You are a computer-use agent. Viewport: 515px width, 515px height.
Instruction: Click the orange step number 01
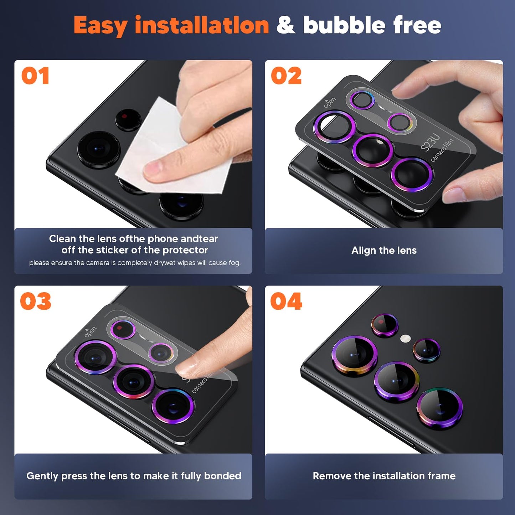[35, 76]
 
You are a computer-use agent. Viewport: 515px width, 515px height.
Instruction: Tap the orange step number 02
[286, 76]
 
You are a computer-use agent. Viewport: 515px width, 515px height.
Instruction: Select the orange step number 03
[36, 302]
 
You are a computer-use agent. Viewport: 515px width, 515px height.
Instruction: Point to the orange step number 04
[286, 302]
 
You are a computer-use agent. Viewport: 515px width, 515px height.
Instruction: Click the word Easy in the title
[100, 26]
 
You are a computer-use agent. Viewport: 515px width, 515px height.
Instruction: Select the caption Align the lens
[384, 251]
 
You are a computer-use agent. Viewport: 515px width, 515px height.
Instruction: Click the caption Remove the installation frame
[384, 476]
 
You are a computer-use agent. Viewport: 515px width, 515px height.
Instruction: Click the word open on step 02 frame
[330, 103]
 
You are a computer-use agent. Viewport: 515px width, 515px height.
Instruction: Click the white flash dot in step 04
[405, 338]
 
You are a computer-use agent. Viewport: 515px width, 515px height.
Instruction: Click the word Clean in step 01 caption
[62, 239]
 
